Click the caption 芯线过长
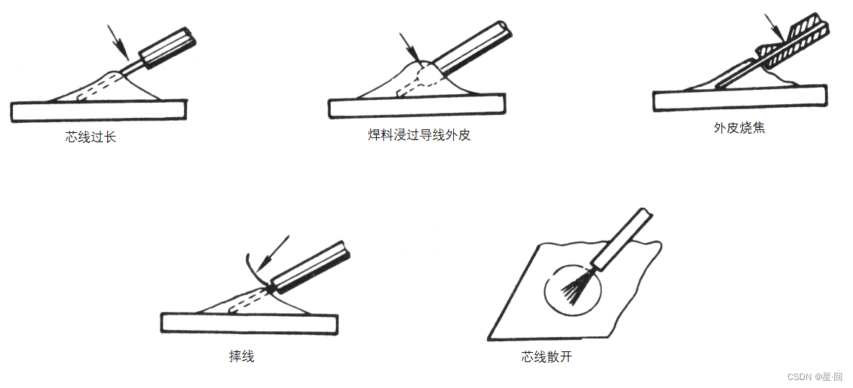pos(91,137)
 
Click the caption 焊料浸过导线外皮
pos(419,135)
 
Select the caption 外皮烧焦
pos(739,128)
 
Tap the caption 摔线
pos(242,357)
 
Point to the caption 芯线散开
pos(546,357)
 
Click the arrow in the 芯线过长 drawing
pos(118,42)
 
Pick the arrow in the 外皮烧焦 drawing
pos(775,28)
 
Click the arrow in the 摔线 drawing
pos(273,253)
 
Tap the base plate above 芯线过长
pos(99,111)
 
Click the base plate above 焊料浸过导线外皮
pos(417,106)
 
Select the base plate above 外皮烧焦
pos(740,98)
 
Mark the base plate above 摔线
pos(249,323)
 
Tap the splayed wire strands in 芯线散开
pos(576,287)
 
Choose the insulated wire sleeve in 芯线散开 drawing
pos(622,239)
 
